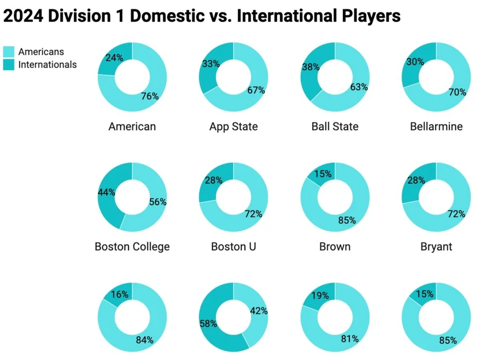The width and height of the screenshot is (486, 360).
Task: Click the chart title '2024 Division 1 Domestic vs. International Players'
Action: tap(202, 17)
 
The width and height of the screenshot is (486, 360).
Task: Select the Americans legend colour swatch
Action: tap(9, 52)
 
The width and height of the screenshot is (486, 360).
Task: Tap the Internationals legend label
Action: tap(47, 65)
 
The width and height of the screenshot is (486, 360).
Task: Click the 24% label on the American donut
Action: tap(114, 57)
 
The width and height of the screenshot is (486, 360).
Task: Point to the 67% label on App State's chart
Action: tap(256, 90)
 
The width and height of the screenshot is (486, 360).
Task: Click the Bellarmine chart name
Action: tap(436, 127)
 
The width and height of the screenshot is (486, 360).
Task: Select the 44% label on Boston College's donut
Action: tap(106, 192)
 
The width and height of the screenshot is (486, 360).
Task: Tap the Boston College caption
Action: tap(132, 247)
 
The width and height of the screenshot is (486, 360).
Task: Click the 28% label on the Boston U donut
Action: tap(213, 180)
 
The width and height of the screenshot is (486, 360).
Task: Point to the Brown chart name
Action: tap(334, 247)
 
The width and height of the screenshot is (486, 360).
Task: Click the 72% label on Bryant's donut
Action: tap(456, 214)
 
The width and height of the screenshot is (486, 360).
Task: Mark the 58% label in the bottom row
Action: tap(208, 324)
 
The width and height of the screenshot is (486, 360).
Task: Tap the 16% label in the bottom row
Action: tap(120, 294)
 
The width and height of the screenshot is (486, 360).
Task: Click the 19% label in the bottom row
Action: tap(320, 295)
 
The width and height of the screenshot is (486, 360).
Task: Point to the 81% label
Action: tap(349, 339)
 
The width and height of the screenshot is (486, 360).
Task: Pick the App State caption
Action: tap(233, 127)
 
